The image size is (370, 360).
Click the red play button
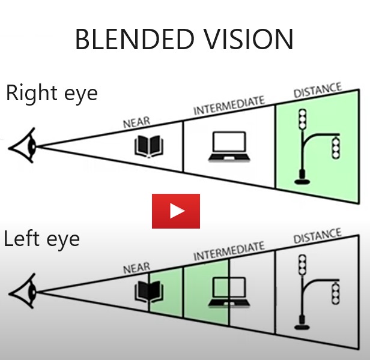(175, 211)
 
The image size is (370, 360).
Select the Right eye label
(51, 94)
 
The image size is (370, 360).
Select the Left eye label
(41, 239)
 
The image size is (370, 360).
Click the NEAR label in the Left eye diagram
(136, 268)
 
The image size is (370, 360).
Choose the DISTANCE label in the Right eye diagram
(317, 92)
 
